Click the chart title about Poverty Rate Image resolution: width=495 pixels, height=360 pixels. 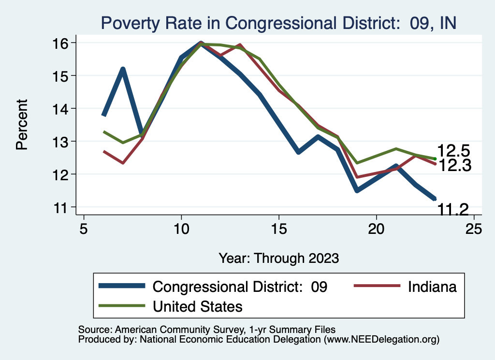[278, 23]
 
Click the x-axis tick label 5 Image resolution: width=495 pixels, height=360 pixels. [84, 229]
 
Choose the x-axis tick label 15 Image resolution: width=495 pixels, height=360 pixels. [278, 229]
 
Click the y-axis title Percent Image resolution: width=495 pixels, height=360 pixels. [22, 124]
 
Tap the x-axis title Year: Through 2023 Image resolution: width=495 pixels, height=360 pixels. [278, 258]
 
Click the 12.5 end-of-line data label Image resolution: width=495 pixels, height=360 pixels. [453, 151]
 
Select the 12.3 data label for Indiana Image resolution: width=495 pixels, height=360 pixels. [453, 166]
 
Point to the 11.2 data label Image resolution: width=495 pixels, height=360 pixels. [453, 209]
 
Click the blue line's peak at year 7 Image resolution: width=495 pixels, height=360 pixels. [123, 69]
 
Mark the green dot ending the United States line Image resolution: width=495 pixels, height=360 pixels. [435, 158]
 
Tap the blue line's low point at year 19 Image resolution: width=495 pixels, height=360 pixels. [357, 190]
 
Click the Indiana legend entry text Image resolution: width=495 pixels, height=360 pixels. [432, 287]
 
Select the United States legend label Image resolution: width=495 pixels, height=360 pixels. [197, 306]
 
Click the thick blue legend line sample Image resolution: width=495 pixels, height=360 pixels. [122, 286]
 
